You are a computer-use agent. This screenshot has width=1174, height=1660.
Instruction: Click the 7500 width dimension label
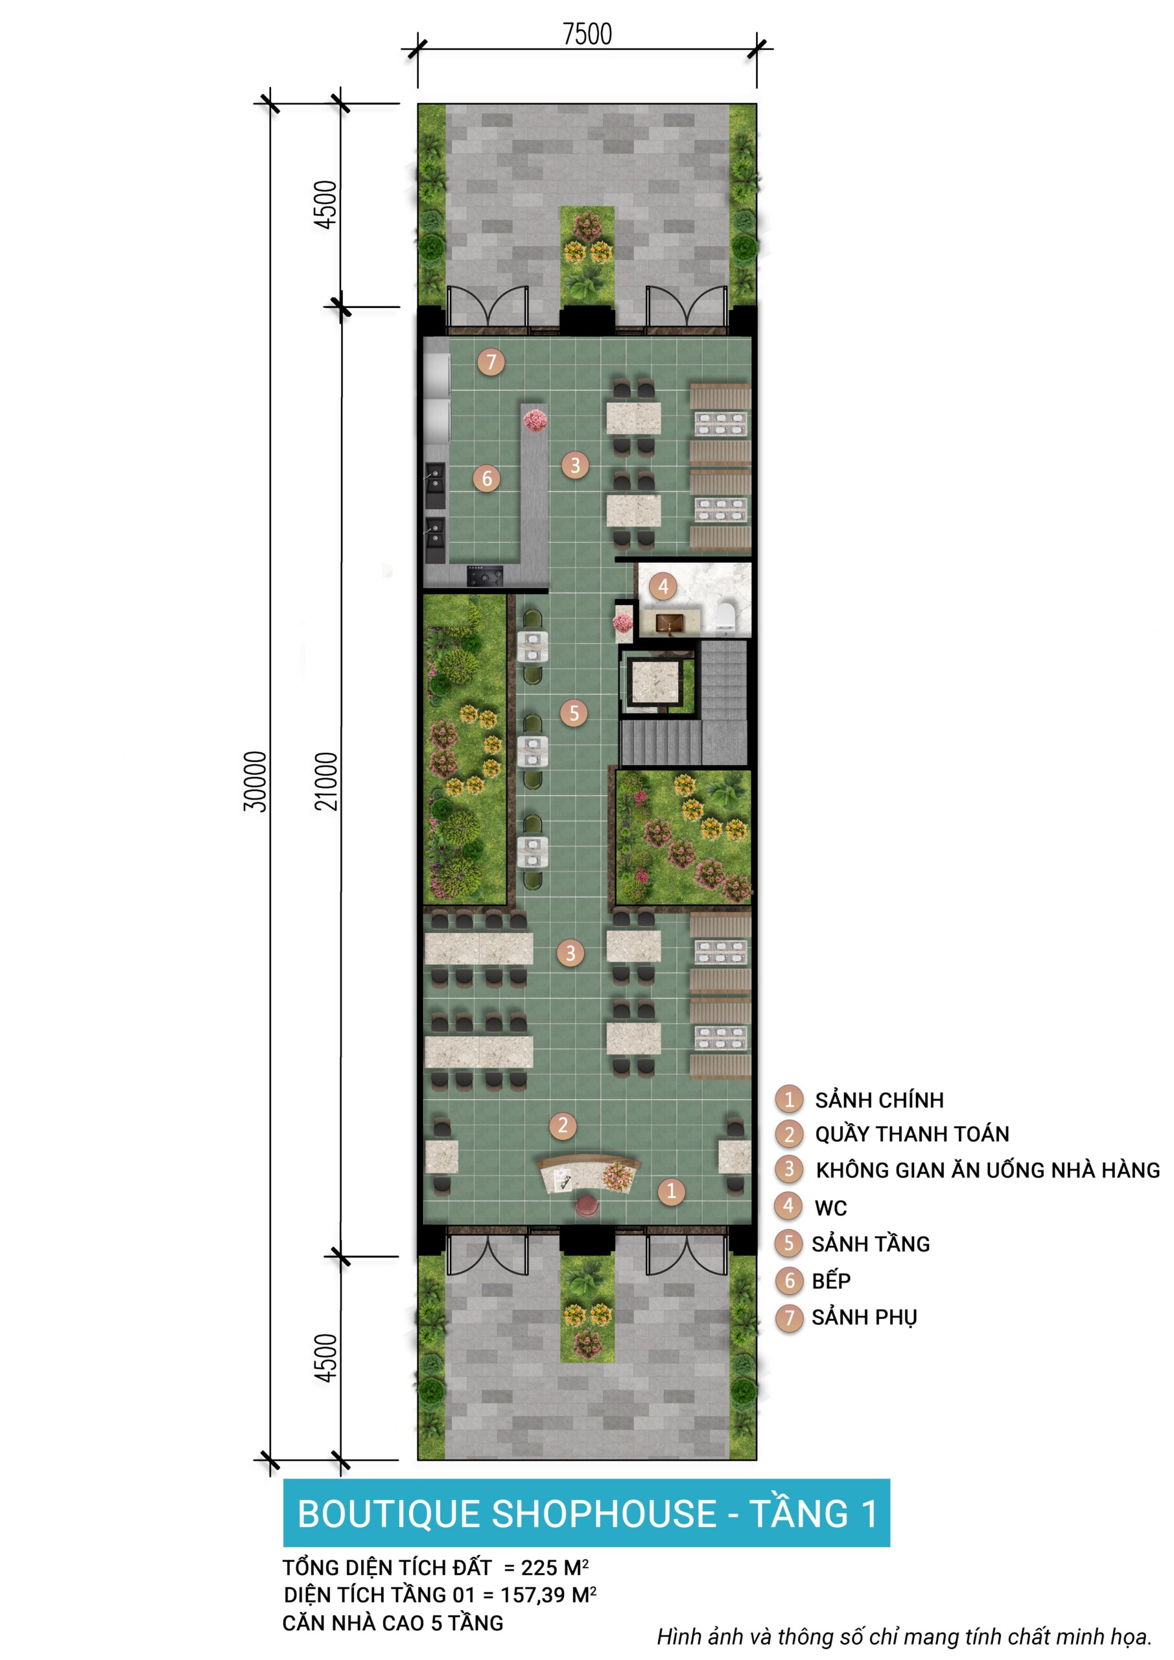click(587, 34)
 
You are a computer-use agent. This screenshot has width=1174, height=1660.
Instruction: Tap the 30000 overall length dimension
click(255, 781)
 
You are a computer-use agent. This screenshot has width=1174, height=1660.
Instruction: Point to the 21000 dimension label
click(326, 781)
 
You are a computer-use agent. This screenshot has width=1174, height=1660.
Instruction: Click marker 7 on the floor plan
click(491, 361)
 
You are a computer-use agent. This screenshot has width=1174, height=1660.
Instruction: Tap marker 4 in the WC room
click(663, 586)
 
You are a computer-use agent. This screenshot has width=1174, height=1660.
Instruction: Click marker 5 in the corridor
click(574, 713)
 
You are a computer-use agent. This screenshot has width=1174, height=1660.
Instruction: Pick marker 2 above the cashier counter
click(563, 1125)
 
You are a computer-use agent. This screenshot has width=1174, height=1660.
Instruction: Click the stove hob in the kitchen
click(485, 576)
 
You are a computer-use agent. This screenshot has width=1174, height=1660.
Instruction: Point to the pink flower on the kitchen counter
click(535, 420)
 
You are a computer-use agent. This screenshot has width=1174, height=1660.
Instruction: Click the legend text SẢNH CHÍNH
click(879, 1100)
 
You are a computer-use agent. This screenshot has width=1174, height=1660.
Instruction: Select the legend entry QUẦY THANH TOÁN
click(912, 1133)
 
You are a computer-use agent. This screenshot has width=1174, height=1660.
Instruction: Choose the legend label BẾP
click(831, 1281)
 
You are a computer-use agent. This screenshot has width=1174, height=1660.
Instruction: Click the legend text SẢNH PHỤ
click(865, 1317)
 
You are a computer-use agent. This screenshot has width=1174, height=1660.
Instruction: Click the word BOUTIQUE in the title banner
click(389, 1514)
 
